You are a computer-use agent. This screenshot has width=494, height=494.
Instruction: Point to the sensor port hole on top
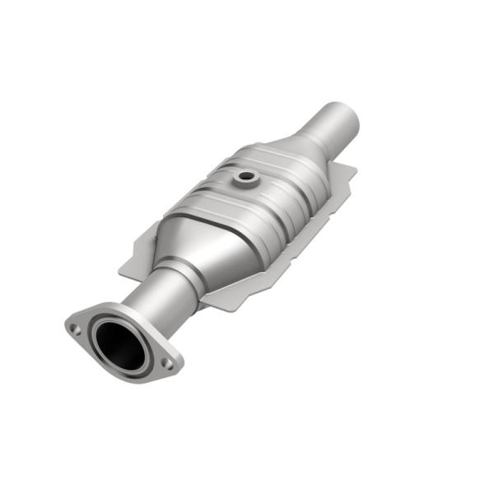click(245, 175)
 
